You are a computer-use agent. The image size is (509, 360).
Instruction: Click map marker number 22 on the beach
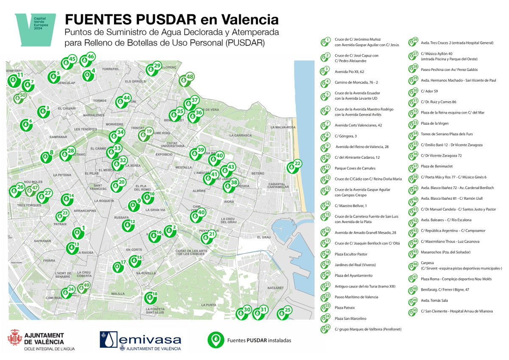pos(292,167)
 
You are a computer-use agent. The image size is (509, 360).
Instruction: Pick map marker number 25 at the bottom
pos(281,314)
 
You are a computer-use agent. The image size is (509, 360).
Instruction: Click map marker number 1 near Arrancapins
pos(77,233)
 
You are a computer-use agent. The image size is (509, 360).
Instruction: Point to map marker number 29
pos(151,69)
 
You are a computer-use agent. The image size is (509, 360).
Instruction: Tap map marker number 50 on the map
pos(18,98)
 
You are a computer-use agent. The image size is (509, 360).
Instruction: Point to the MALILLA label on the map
pos(118,293)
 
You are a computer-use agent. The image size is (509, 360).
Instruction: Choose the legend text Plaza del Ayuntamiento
pos(354,276)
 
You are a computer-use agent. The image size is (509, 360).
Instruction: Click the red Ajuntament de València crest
pos(15,339)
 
